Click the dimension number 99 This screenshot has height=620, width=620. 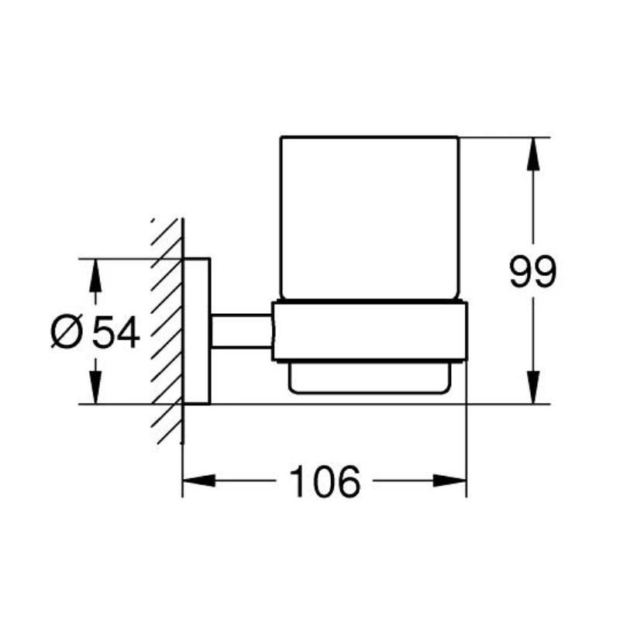532,272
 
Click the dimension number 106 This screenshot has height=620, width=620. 325,481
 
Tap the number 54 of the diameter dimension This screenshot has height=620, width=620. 115,332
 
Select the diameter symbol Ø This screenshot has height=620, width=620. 67,332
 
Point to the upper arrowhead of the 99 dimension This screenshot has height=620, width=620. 533,153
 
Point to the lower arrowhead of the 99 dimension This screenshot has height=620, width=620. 533,387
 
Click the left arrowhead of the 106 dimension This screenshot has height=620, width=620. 199,480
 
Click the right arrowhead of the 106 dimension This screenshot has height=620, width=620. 450,480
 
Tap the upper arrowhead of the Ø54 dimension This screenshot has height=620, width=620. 95,276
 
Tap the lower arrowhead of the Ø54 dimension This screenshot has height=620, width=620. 95,387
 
